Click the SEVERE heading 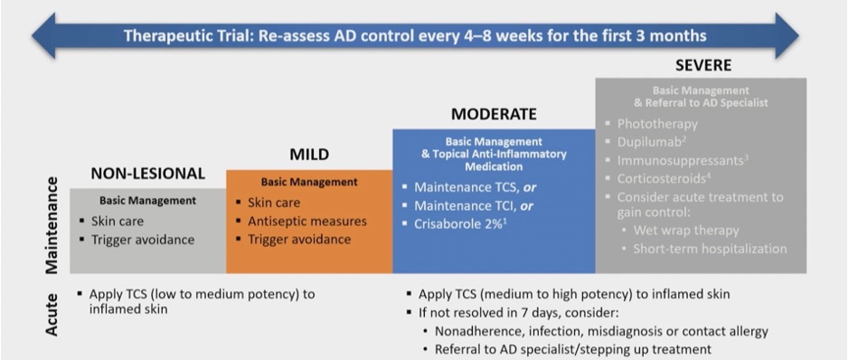tap(703, 66)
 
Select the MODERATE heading tap(494, 115)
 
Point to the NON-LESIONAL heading tap(147, 174)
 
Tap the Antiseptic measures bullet tap(306, 221)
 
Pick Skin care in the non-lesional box tap(117, 221)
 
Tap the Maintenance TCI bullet tap(469, 204)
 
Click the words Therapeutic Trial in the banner tap(185, 35)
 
